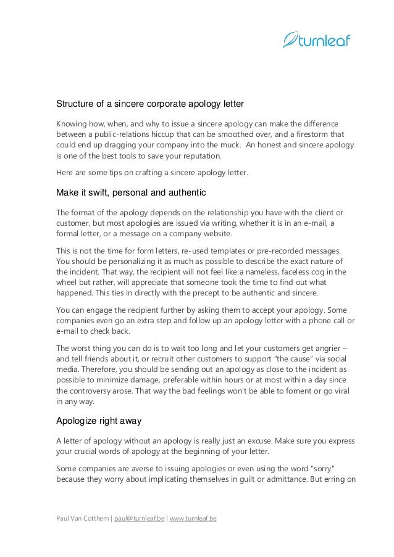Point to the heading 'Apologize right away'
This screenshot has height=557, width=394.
(x=99, y=421)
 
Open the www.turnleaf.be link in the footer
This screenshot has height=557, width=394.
(x=193, y=518)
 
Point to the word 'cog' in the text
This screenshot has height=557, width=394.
(x=316, y=271)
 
